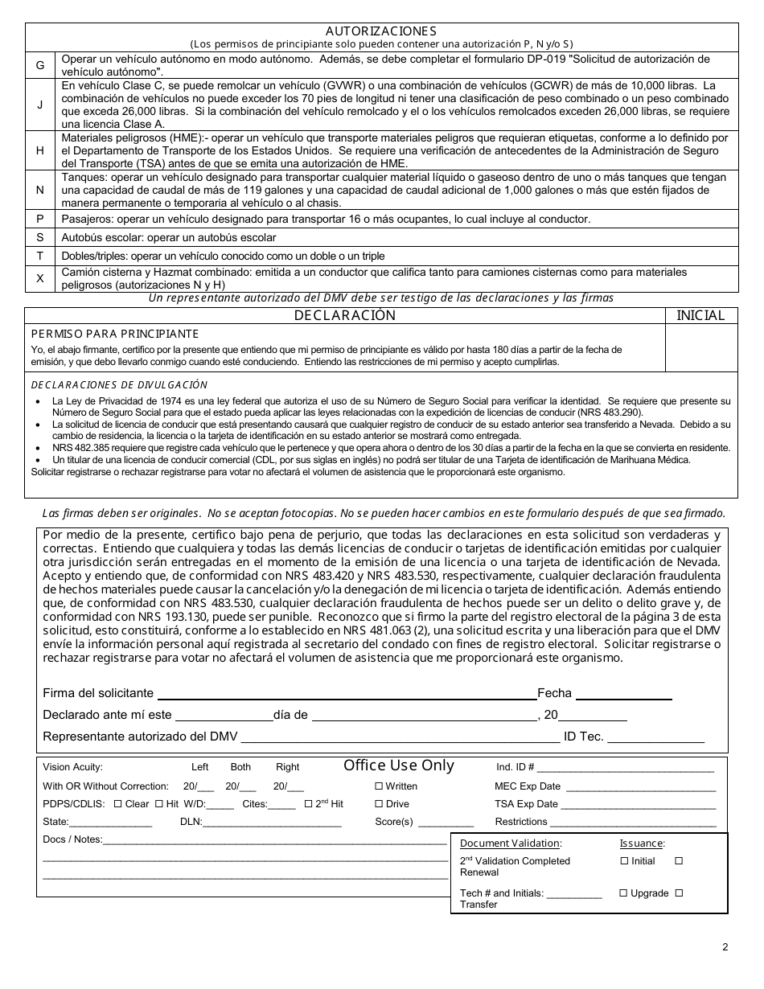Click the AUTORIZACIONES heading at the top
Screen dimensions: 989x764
(x=381, y=31)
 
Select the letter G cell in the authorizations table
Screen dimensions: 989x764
(x=39, y=65)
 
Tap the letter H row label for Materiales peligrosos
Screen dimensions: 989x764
(x=39, y=150)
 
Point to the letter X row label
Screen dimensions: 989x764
(x=39, y=278)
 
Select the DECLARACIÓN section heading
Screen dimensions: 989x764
(x=344, y=315)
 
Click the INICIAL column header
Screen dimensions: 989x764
(x=700, y=315)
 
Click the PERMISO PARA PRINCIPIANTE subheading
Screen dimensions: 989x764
(x=114, y=334)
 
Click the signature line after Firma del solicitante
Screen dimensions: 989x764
(x=346, y=693)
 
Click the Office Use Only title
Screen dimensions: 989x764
(x=399, y=765)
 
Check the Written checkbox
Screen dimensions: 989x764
(x=379, y=786)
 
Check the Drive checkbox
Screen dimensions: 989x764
(x=379, y=804)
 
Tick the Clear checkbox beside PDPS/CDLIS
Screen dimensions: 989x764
(x=118, y=804)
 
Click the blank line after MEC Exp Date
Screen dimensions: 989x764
(x=639, y=787)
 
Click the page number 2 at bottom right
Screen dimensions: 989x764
(x=725, y=946)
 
